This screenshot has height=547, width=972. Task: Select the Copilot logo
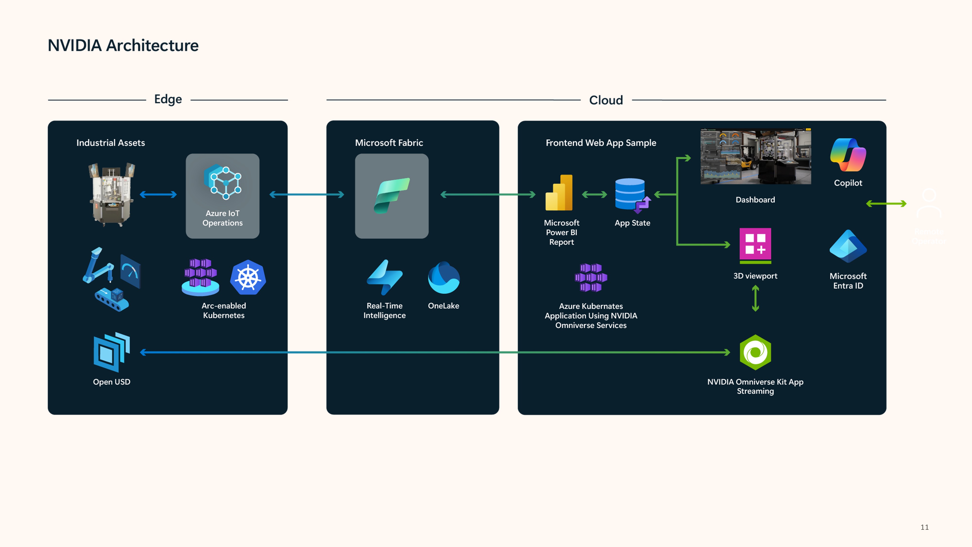[848, 155]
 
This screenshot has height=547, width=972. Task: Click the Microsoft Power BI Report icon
[559, 193]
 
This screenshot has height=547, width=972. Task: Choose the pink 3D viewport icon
[755, 245]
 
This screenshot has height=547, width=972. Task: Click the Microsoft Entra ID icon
[848, 247]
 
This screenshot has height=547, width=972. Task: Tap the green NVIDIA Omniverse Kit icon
[755, 352]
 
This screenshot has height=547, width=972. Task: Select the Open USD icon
[112, 352]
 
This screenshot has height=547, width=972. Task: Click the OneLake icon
[444, 278]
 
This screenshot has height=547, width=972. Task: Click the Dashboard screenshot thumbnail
[755, 157]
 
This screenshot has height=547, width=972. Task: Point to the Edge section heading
[168, 99]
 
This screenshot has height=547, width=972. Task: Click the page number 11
[924, 527]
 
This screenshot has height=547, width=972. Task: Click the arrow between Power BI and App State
[594, 195]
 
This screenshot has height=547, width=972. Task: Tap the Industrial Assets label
[111, 143]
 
